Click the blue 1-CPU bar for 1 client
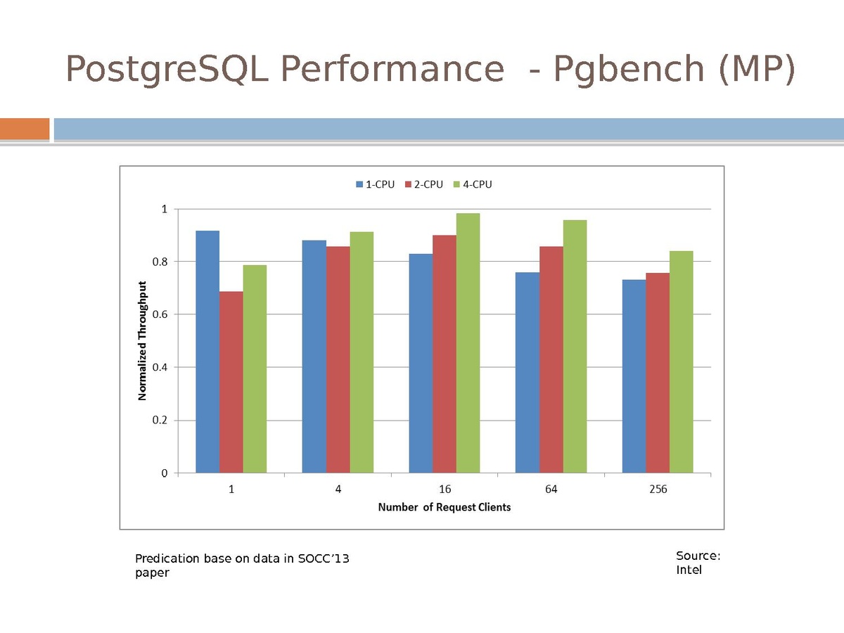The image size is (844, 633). click(207, 352)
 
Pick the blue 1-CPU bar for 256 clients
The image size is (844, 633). click(634, 376)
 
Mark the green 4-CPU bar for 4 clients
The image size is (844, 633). click(362, 352)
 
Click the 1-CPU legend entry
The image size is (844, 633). click(375, 184)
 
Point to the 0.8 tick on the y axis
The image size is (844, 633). click(161, 262)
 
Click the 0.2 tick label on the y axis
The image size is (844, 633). click(161, 421)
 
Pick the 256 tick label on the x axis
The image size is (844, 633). click(658, 490)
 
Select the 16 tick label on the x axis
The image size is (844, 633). click(445, 490)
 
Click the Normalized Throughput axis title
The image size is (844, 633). click(142, 341)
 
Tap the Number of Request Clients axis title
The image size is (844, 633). click(445, 507)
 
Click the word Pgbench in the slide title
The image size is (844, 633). click(629, 69)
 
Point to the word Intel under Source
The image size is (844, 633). click(689, 570)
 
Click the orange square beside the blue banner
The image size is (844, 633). click(25, 129)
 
